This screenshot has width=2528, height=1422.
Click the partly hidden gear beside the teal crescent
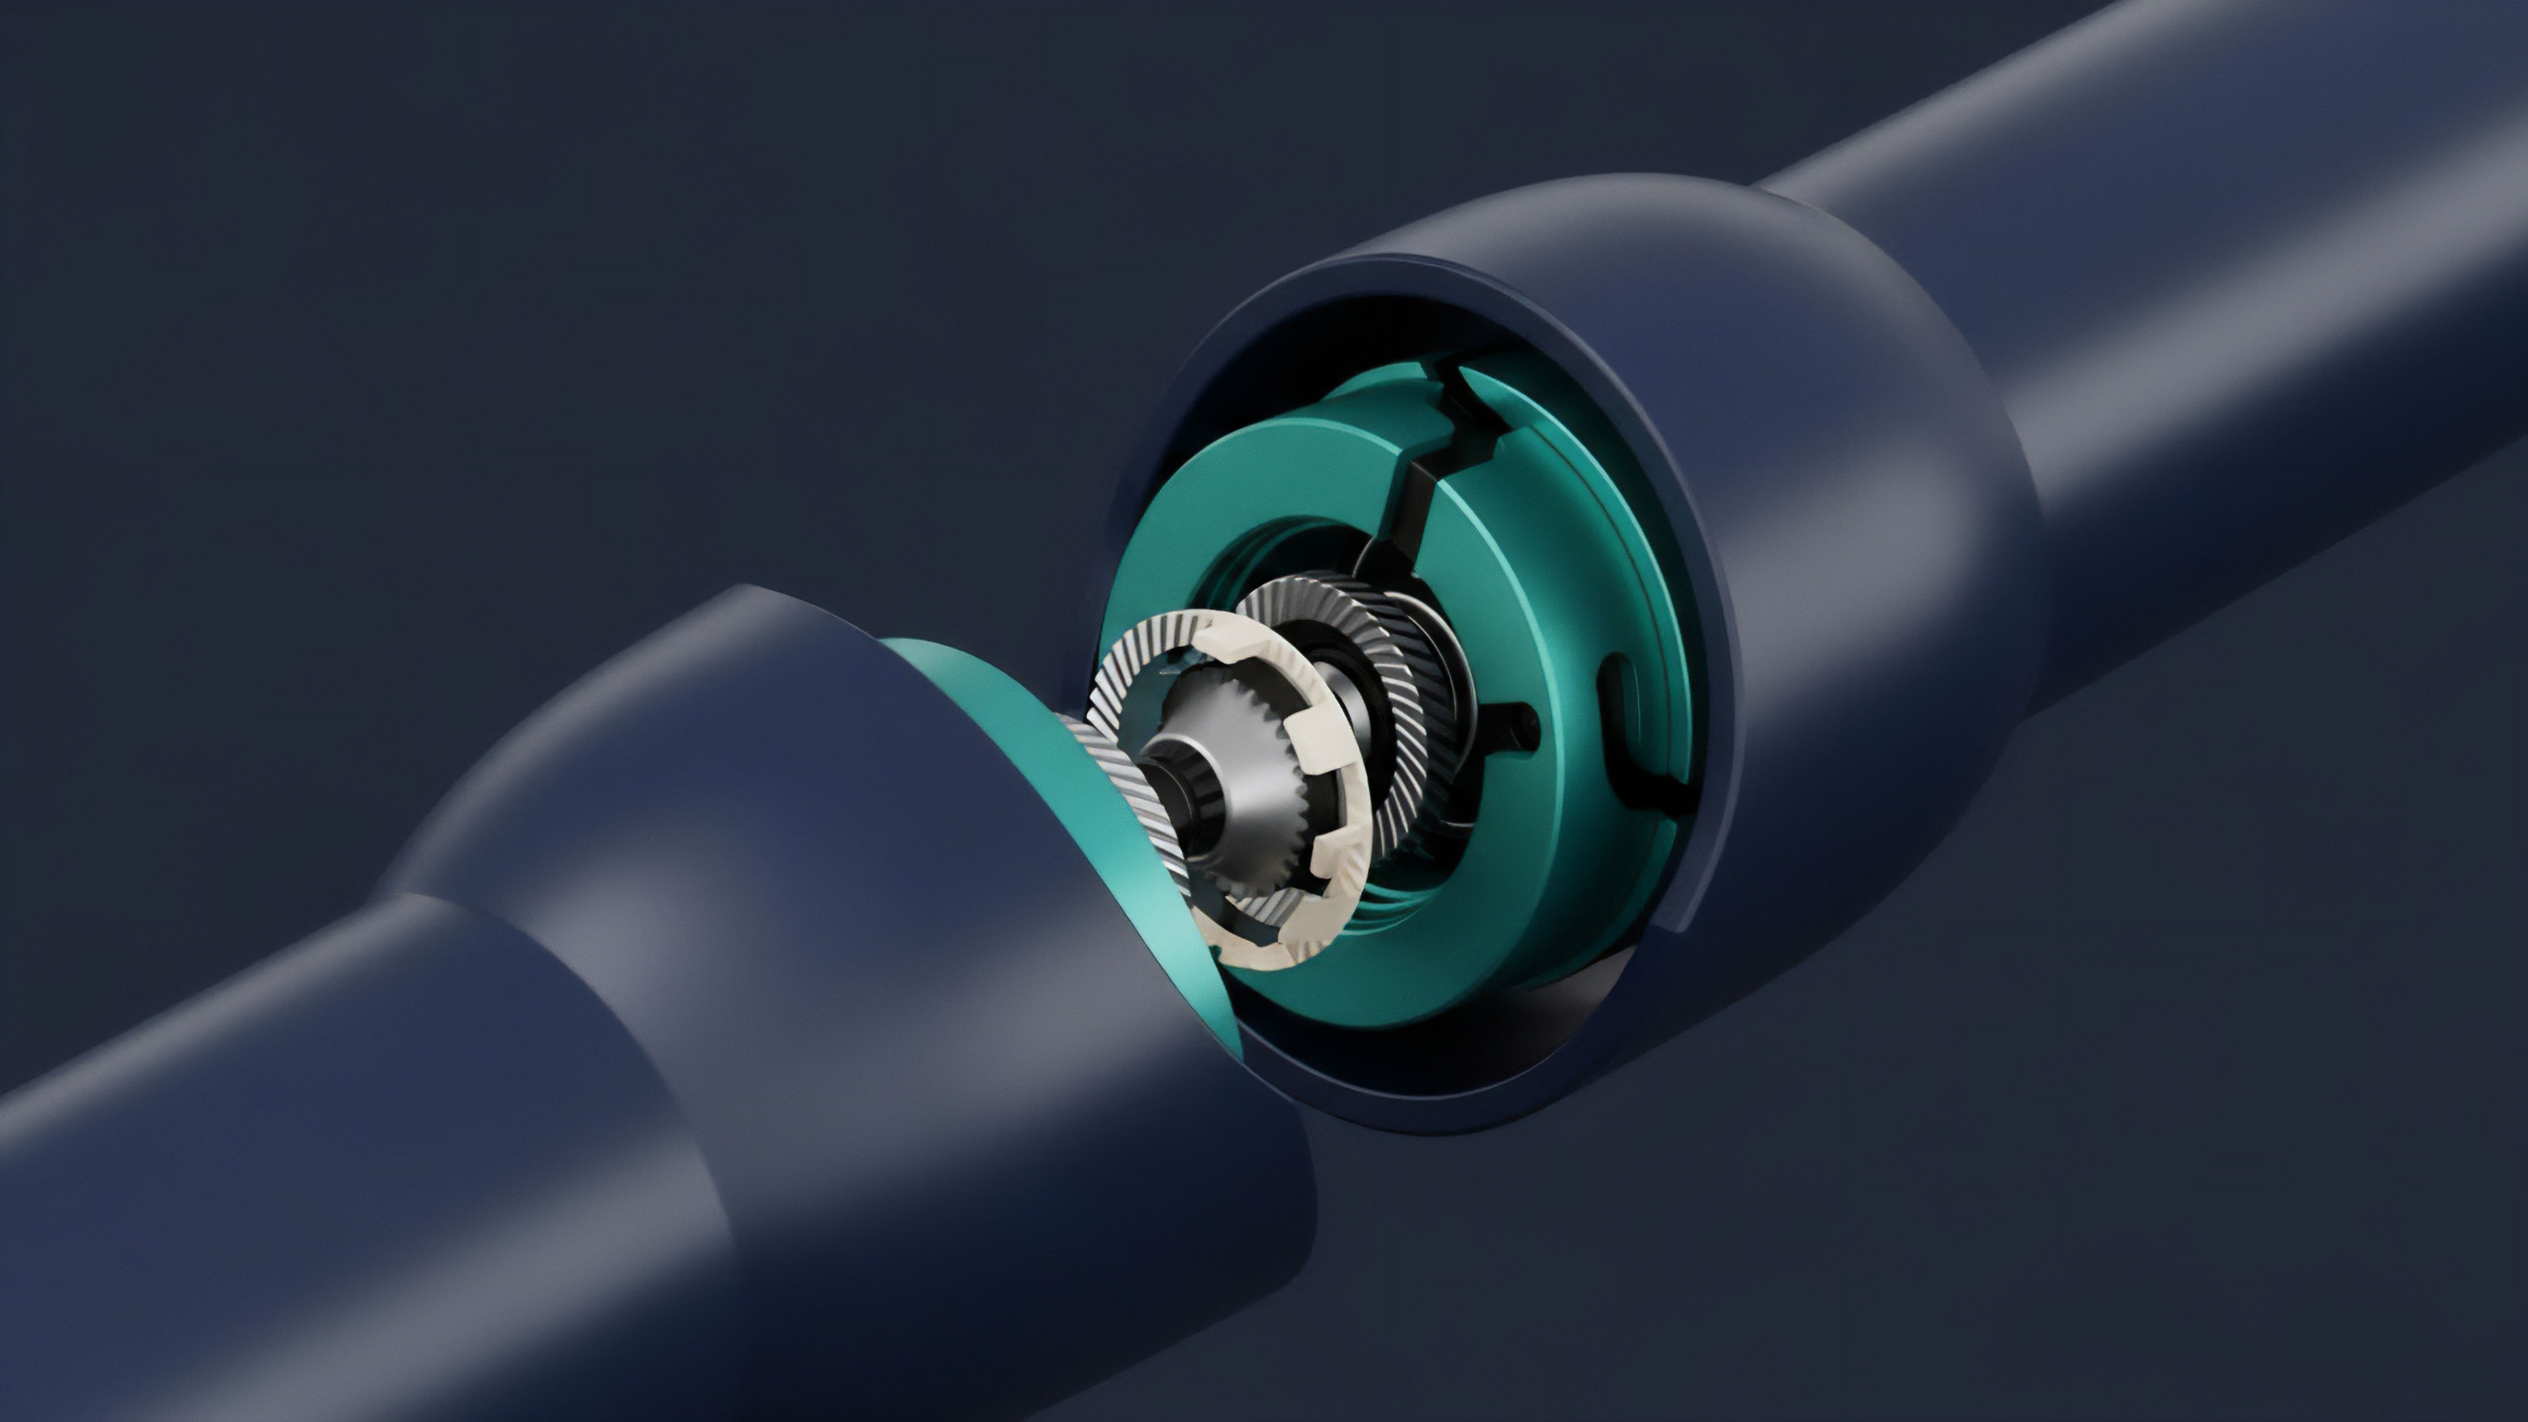click(x=1119, y=785)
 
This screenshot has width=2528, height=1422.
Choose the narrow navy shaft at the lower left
click(x=294, y=1178)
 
